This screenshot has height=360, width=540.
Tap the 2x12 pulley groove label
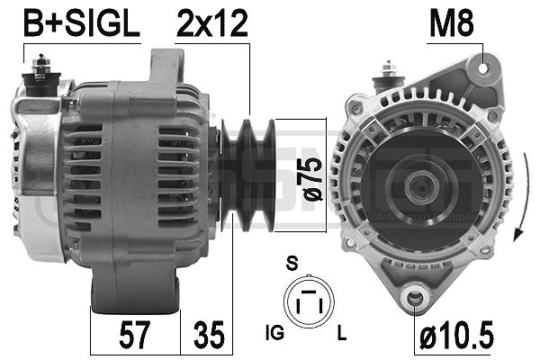click(x=211, y=25)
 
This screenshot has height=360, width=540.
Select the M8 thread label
click(x=452, y=25)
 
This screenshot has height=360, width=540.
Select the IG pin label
click(x=276, y=334)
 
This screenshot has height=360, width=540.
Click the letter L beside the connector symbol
click(x=342, y=334)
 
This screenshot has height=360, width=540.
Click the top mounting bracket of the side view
click(x=166, y=67)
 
